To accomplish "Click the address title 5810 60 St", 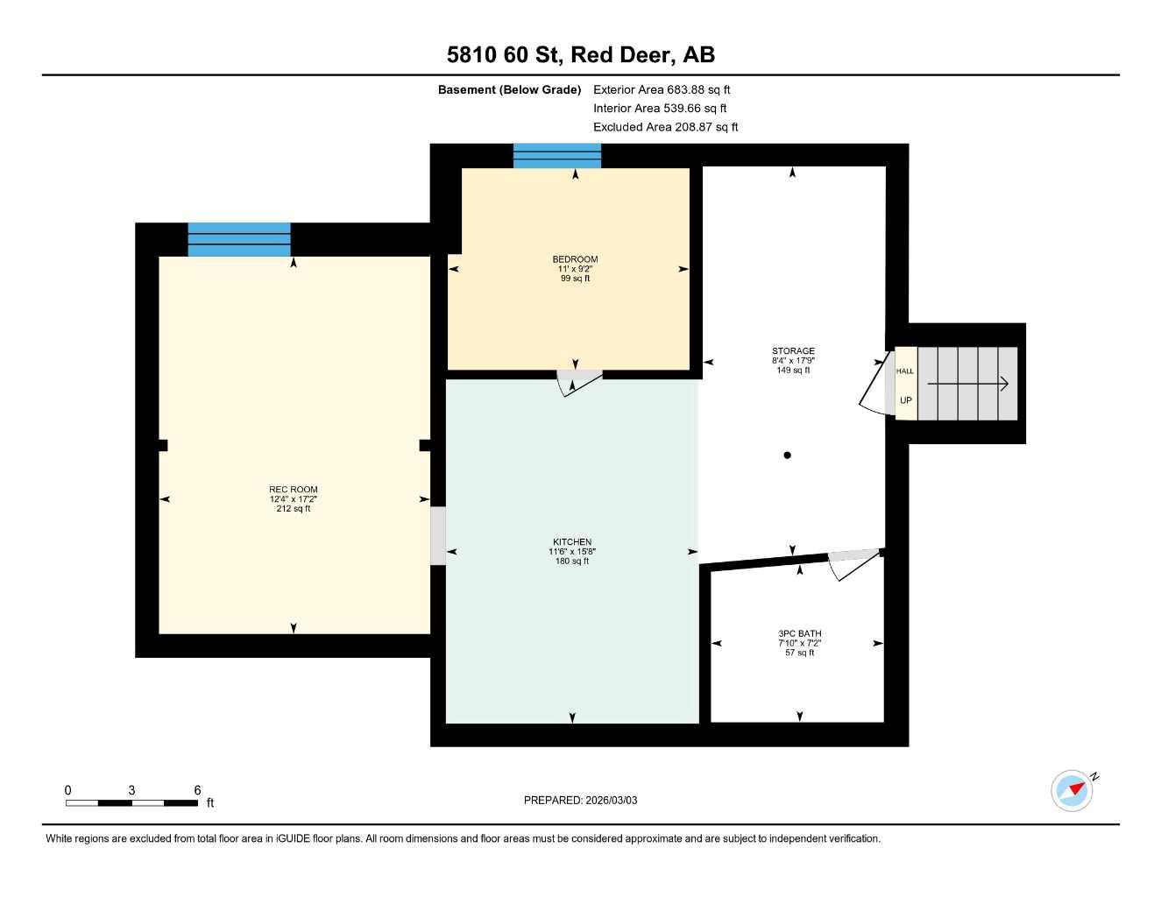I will pyautogui.click(x=580, y=54).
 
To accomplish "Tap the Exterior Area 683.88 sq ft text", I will pyautogui.click(x=661, y=89).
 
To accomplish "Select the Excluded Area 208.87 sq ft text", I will pyautogui.click(x=665, y=127).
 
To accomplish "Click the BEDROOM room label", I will pyautogui.click(x=575, y=259).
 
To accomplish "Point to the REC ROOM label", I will pyautogui.click(x=293, y=490).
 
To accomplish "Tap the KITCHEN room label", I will pyautogui.click(x=571, y=542).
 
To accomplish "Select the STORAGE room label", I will pyautogui.click(x=793, y=351).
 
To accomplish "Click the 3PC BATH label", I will pyautogui.click(x=799, y=633).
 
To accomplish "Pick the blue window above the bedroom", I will pyautogui.click(x=557, y=156).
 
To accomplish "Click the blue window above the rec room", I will pyautogui.click(x=239, y=239).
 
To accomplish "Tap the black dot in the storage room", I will pyautogui.click(x=787, y=455).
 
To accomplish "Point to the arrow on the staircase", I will pyautogui.click(x=968, y=384).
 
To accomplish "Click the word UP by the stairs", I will pyautogui.click(x=905, y=400).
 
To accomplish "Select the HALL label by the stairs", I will pyautogui.click(x=904, y=371).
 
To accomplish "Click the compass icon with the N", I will pyautogui.click(x=1073, y=790).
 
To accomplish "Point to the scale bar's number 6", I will pyautogui.click(x=197, y=790).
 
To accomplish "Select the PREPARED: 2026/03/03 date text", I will pyautogui.click(x=580, y=800).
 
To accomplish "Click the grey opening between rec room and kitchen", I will pyautogui.click(x=437, y=535).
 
